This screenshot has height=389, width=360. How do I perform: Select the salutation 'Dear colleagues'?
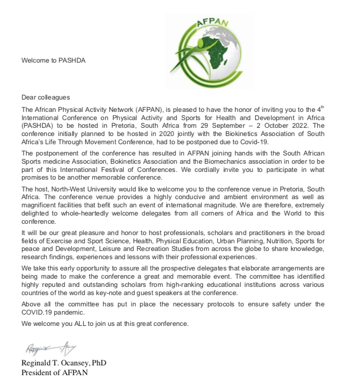46,98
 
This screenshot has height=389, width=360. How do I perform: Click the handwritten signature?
47,349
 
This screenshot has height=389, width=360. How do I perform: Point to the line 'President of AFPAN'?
54,373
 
